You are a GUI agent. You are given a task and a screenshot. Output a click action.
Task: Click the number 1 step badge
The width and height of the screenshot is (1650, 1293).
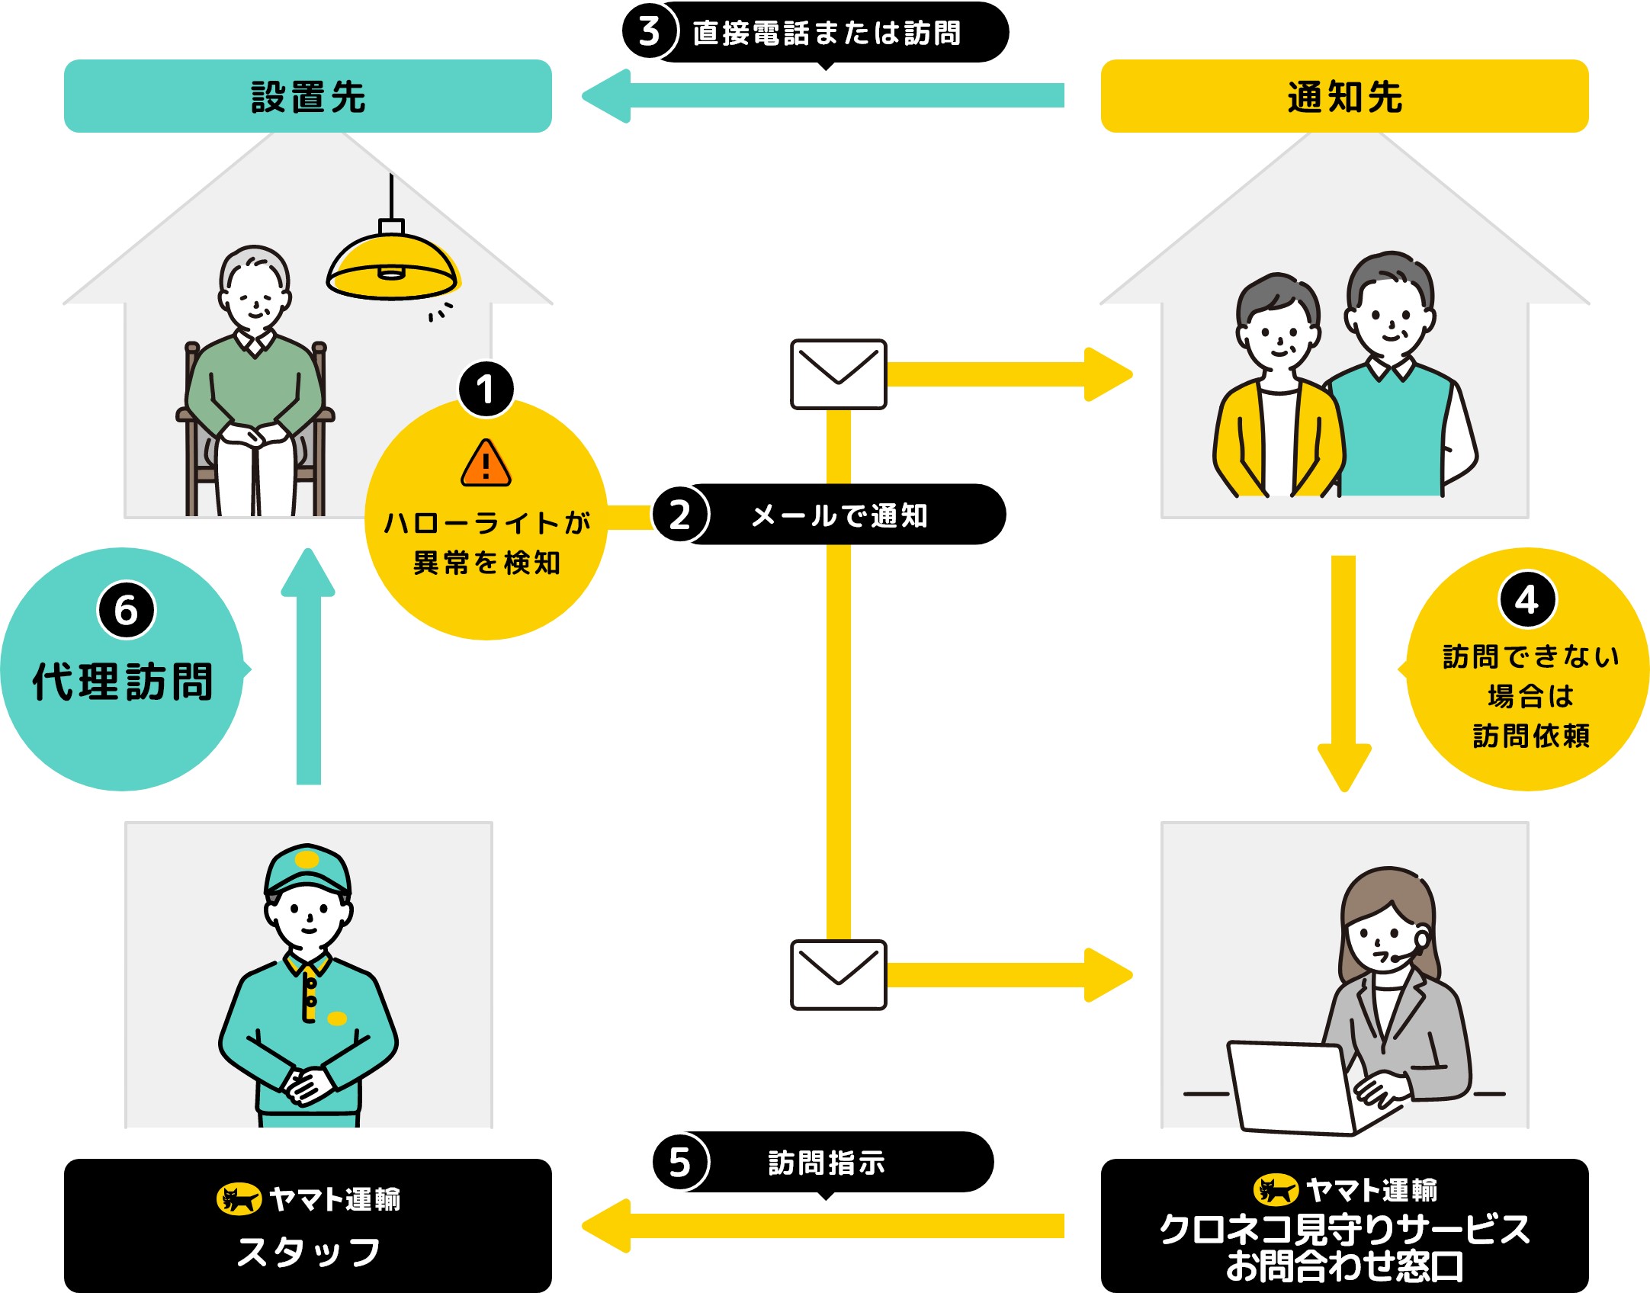click(486, 390)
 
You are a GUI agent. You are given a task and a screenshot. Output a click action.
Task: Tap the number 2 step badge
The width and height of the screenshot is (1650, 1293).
click(680, 515)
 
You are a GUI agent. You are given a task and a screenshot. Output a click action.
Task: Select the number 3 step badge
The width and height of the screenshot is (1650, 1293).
click(650, 32)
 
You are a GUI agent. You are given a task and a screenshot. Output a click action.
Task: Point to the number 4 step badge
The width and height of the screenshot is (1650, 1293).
click(1527, 600)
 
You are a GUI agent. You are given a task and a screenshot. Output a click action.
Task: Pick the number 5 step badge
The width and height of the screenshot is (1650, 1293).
click(680, 1163)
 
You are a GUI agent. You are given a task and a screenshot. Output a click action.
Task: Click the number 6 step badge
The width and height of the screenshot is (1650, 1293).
click(127, 610)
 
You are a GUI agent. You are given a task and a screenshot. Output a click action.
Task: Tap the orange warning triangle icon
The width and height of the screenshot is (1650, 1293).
click(486, 463)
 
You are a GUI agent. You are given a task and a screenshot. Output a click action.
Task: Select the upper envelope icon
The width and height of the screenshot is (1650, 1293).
click(838, 374)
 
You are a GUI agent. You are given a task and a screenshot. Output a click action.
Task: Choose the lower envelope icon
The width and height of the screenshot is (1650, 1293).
click(838, 975)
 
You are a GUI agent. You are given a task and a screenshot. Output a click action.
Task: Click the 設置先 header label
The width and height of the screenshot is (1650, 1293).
click(308, 97)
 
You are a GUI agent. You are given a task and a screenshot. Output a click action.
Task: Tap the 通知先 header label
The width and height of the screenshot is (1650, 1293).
click(1344, 97)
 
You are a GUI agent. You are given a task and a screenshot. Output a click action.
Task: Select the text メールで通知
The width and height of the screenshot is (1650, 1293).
click(839, 515)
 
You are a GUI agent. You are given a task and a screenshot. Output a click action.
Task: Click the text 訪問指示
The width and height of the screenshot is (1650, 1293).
click(827, 1163)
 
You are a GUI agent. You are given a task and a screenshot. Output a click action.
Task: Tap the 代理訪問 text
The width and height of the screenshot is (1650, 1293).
click(122, 681)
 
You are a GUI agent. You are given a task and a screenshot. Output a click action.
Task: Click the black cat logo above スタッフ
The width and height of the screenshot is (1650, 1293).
click(239, 1199)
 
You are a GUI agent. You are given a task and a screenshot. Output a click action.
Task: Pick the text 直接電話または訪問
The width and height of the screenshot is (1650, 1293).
click(827, 33)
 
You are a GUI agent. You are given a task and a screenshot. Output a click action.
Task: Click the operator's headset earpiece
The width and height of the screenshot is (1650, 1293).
click(1421, 939)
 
